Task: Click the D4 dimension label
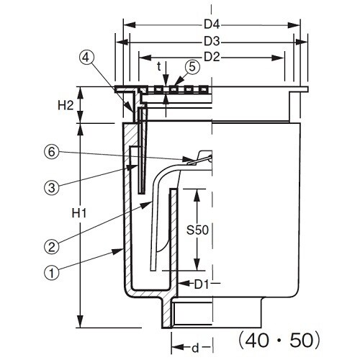click(212, 24)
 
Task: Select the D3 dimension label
click(212, 42)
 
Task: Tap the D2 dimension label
click(212, 57)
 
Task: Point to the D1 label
click(201, 284)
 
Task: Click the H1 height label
click(79, 213)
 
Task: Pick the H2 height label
click(66, 105)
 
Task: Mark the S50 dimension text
click(197, 230)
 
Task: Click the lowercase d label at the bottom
click(195, 348)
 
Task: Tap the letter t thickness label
click(158, 67)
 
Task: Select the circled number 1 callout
click(52, 273)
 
